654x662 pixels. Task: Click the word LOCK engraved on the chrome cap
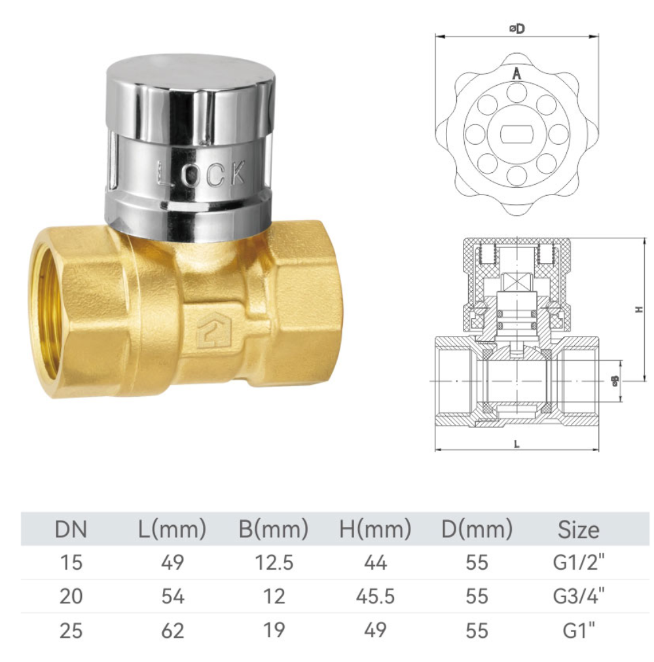[x=202, y=174]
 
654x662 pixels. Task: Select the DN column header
[x=71, y=529]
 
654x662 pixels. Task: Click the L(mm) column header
[x=173, y=529]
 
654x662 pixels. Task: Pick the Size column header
[x=578, y=529]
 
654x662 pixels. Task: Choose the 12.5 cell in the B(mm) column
[x=274, y=562]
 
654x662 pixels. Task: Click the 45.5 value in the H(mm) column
[x=375, y=596]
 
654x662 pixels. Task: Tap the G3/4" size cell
[x=578, y=596]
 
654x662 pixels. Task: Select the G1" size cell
[x=578, y=630]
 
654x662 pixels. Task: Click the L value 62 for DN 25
[x=173, y=630]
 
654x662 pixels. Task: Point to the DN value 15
[x=71, y=562]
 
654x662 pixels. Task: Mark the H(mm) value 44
[x=375, y=562]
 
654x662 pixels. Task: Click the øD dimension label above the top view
[x=517, y=29]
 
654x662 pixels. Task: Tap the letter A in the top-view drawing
[x=517, y=74]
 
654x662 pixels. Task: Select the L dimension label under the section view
[x=517, y=444]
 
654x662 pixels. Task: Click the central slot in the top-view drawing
[x=517, y=134]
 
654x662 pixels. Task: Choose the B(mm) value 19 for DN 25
[x=274, y=630]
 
